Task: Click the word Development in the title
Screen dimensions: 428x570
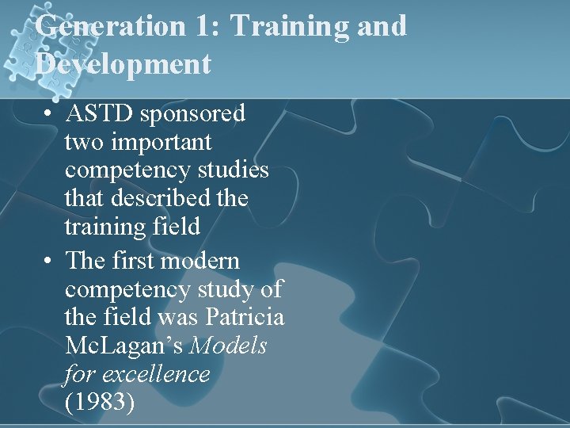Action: click(123, 63)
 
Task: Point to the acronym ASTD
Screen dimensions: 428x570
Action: click(100, 114)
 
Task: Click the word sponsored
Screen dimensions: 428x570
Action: click(192, 114)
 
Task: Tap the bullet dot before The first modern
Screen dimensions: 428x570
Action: click(49, 261)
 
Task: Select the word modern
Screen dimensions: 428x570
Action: click(200, 260)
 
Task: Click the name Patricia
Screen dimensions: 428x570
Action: click(244, 317)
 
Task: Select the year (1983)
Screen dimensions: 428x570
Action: click(101, 402)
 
